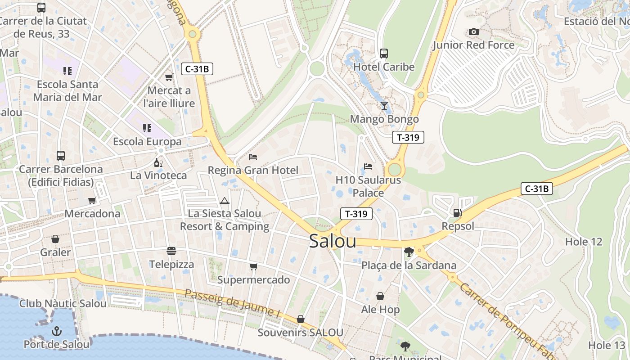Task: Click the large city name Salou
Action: [333, 241]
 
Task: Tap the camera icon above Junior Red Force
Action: [473, 31]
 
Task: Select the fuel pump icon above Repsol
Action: [457, 212]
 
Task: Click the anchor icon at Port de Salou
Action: [57, 332]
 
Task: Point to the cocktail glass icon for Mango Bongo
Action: [384, 106]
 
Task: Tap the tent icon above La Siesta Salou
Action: [225, 200]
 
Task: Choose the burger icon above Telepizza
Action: [171, 251]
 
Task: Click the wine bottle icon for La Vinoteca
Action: [158, 162]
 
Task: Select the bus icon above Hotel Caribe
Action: [384, 54]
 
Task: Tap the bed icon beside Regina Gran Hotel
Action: [253, 157]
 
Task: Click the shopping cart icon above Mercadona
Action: [92, 200]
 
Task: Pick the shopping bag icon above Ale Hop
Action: [380, 296]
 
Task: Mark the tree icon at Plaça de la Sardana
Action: [409, 252]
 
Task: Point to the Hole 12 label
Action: [583, 242]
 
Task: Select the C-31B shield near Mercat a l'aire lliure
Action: [197, 69]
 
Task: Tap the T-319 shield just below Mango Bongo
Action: [408, 137]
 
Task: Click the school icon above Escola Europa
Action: [147, 128]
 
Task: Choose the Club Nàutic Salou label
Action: [63, 303]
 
